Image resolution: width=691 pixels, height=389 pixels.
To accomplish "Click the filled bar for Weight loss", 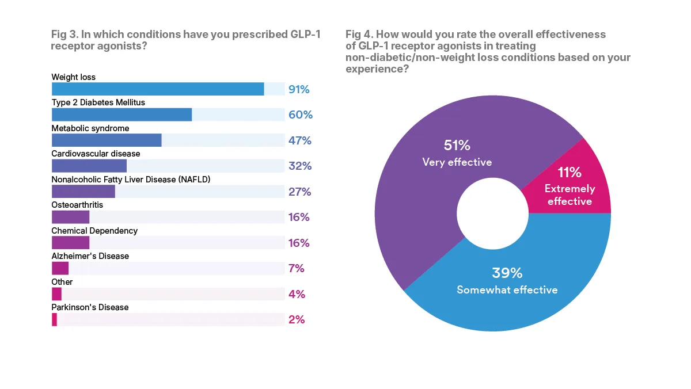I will pos(158,89).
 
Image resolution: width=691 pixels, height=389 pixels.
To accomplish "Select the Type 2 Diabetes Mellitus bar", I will pos(122,115).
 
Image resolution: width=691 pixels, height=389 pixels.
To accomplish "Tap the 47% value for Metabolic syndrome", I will pos(299,140).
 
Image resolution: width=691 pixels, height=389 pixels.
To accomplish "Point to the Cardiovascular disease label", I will pos(96,154).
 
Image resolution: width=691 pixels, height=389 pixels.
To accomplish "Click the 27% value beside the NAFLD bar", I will pos(299,192).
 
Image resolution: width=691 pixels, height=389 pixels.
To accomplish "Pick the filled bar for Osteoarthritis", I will pos(70,217).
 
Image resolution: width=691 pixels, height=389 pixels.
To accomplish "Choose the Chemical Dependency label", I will pos(94,230).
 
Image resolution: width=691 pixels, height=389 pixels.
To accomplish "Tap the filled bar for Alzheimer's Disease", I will pos(60,268).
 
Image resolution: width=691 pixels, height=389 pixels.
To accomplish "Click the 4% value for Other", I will pos(297,294).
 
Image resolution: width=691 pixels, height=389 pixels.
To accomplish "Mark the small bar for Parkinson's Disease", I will pos(54,319).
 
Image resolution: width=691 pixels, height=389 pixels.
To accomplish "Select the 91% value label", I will pos(299,89).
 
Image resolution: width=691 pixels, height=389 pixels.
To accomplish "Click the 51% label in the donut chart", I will pos(457,146).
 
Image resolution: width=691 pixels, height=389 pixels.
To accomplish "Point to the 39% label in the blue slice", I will pos(507,273).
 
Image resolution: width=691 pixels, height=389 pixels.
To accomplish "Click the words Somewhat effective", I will pos(507,289).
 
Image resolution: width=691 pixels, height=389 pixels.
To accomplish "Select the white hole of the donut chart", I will pos(492,213).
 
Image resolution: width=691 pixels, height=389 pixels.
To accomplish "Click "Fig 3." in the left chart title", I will pos(64,35).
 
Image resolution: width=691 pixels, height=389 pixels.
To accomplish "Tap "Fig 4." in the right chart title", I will pos(358,35).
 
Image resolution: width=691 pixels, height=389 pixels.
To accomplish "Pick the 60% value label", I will pos(300,115).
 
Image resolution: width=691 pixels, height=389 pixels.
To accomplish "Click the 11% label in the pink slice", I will pos(569,172).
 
